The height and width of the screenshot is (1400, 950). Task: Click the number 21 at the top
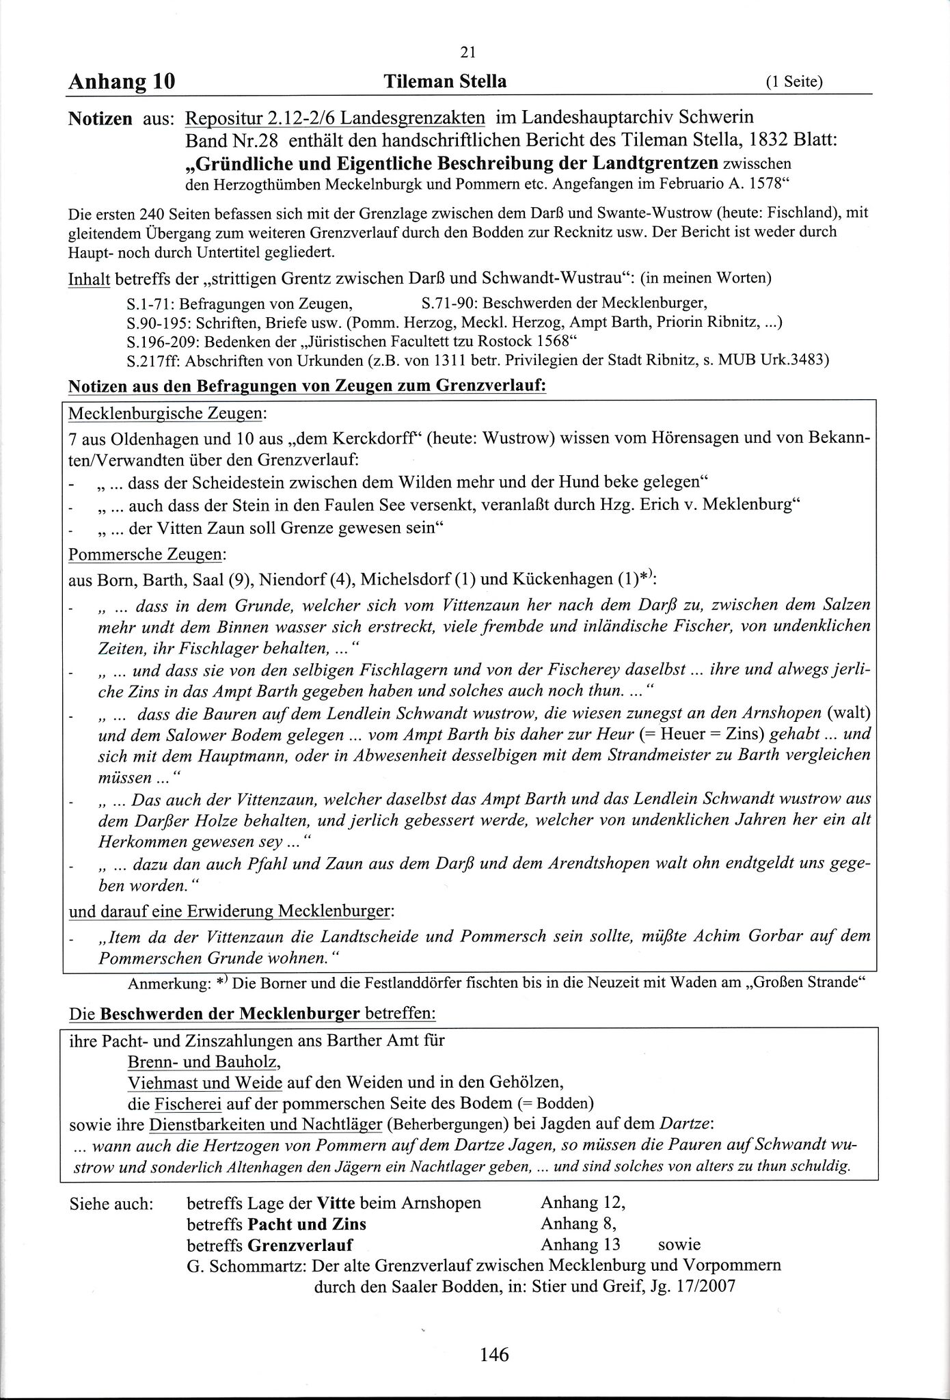coord(469,53)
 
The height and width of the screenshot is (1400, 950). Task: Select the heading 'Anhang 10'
coord(122,82)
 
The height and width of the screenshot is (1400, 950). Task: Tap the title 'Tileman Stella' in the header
coord(445,82)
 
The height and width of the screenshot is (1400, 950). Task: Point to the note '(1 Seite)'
coord(793,83)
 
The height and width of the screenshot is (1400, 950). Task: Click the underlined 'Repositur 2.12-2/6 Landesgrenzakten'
coord(335,118)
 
